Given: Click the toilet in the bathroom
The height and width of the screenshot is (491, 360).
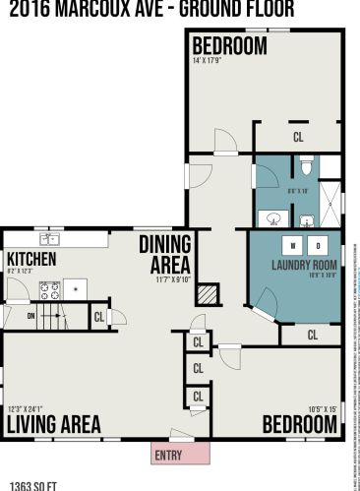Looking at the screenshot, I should click(306, 165).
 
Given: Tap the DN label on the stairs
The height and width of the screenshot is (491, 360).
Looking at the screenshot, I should click(30, 316).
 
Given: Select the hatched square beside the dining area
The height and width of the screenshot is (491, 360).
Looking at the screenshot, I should click(207, 294).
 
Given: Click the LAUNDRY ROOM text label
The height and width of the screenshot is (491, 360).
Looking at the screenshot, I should click(304, 266).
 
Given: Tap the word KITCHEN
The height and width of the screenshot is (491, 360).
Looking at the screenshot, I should click(32, 258).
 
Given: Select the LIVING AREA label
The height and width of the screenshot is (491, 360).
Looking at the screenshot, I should click(54, 424).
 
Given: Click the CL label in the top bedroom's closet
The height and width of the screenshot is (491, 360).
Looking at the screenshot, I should click(298, 138).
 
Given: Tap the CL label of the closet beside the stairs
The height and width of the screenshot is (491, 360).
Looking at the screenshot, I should click(99, 317).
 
